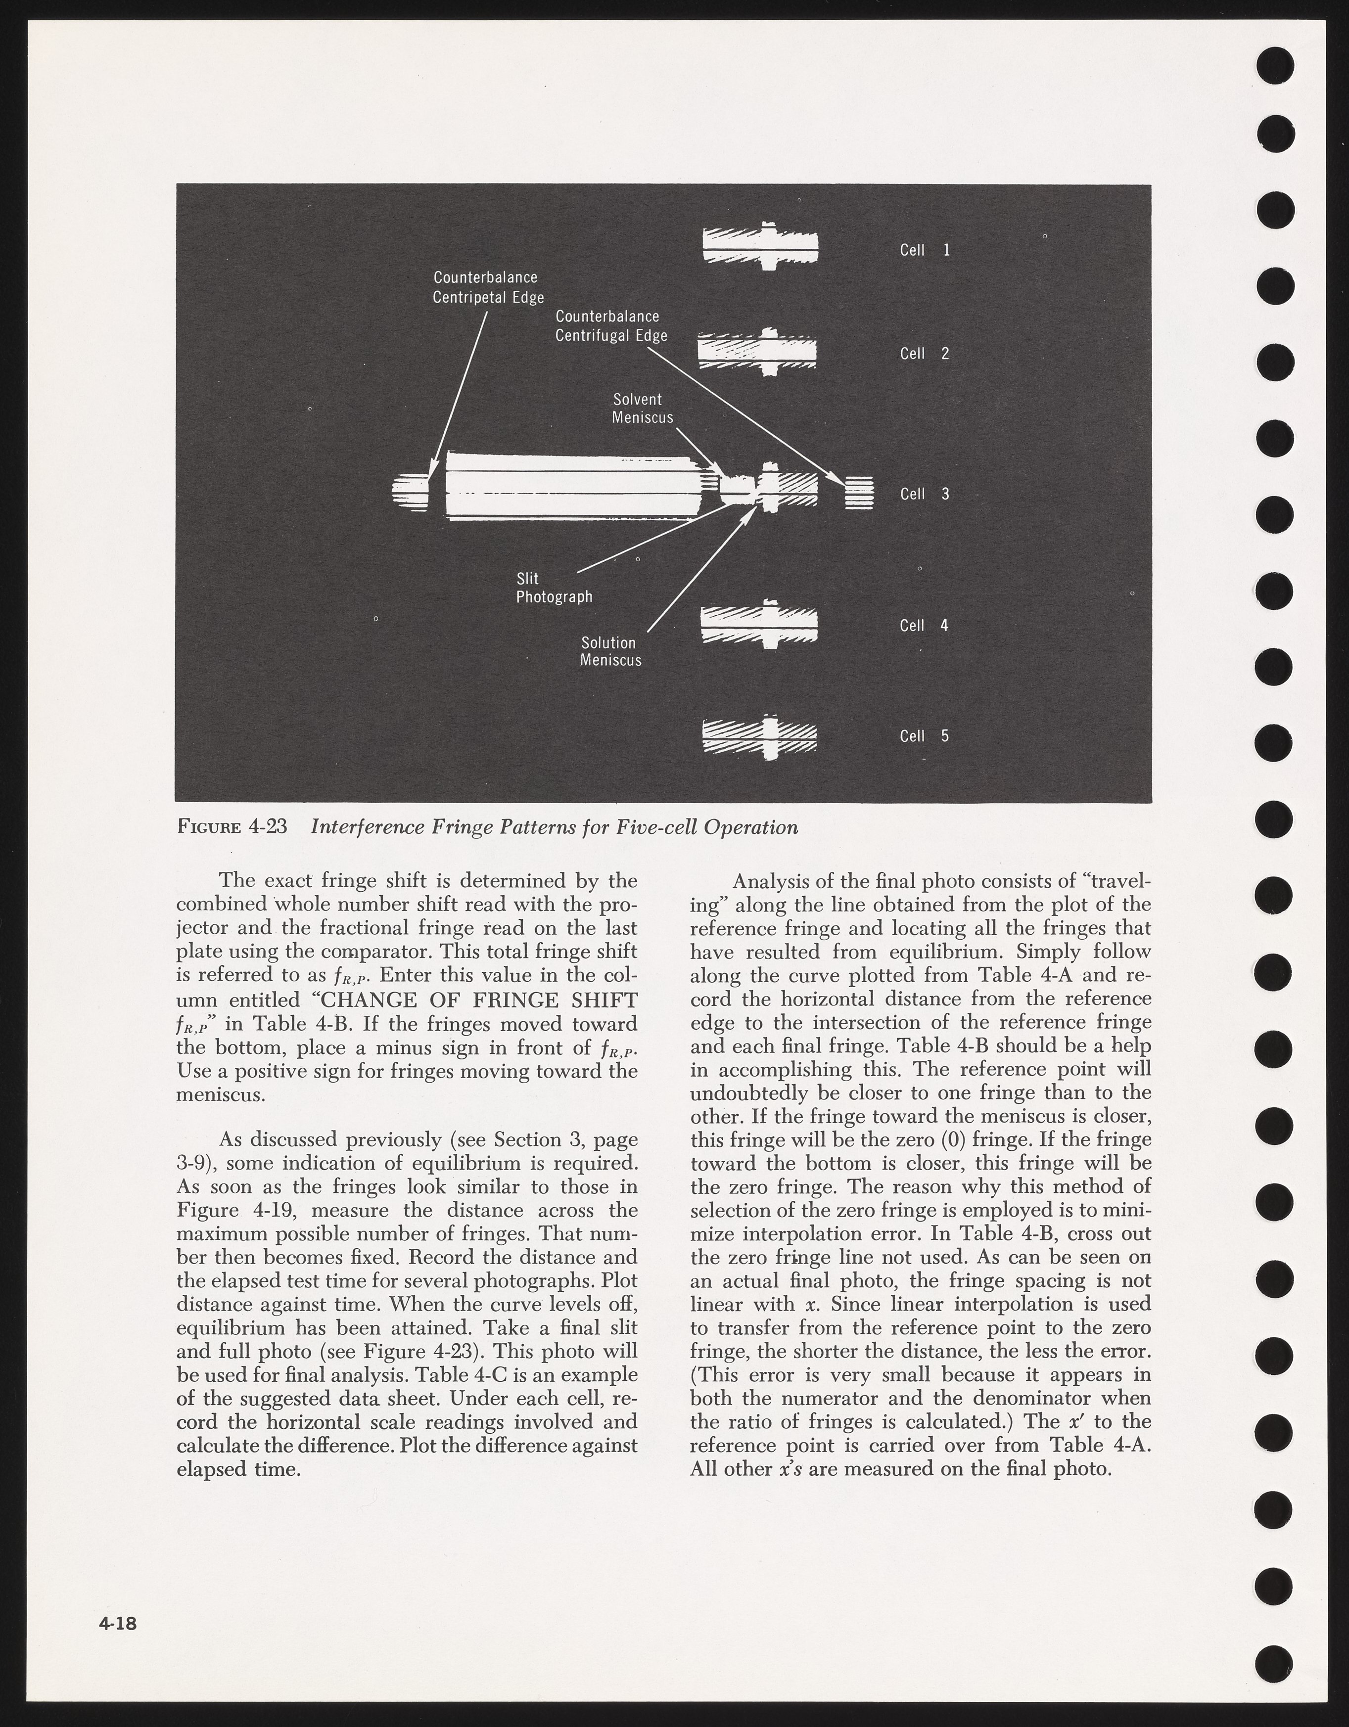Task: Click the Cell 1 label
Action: (x=925, y=250)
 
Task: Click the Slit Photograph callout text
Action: (x=554, y=588)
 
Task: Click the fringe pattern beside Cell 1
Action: (x=760, y=245)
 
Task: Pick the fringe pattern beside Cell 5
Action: (x=759, y=736)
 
